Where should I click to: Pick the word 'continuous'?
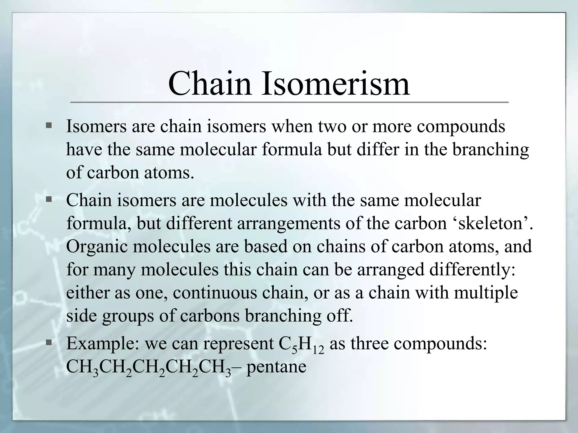click(x=215, y=293)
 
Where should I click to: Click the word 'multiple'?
click(x=486, y=293)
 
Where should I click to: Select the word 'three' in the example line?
click(x=369, y=344)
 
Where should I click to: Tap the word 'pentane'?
click(x=276, y=367)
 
